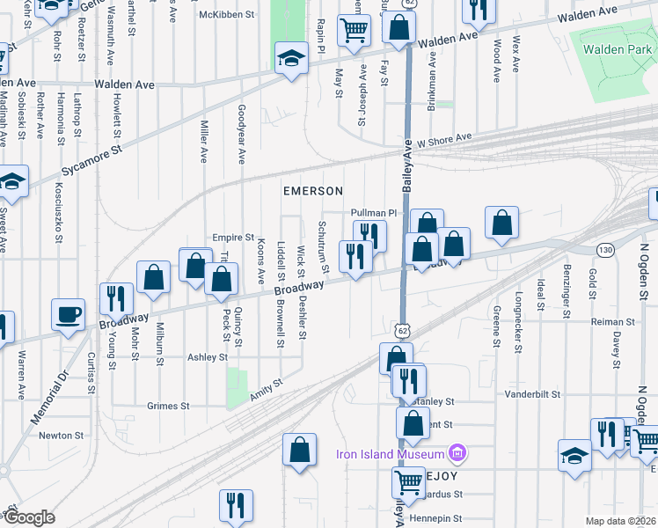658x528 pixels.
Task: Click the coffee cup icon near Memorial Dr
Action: tap(69, 314)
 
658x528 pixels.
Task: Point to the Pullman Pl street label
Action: tap(374, 213)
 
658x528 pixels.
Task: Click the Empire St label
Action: tap(232, 238)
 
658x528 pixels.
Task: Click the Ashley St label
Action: tap(208, 357)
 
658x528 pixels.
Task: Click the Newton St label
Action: tap(61, 435)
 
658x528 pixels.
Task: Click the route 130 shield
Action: tap(605, 251)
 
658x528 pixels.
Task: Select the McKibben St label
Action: tap(226, 15)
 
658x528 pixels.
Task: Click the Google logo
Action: tap(31, 517)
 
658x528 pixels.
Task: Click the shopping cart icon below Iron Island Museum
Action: tap(409, 482)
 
